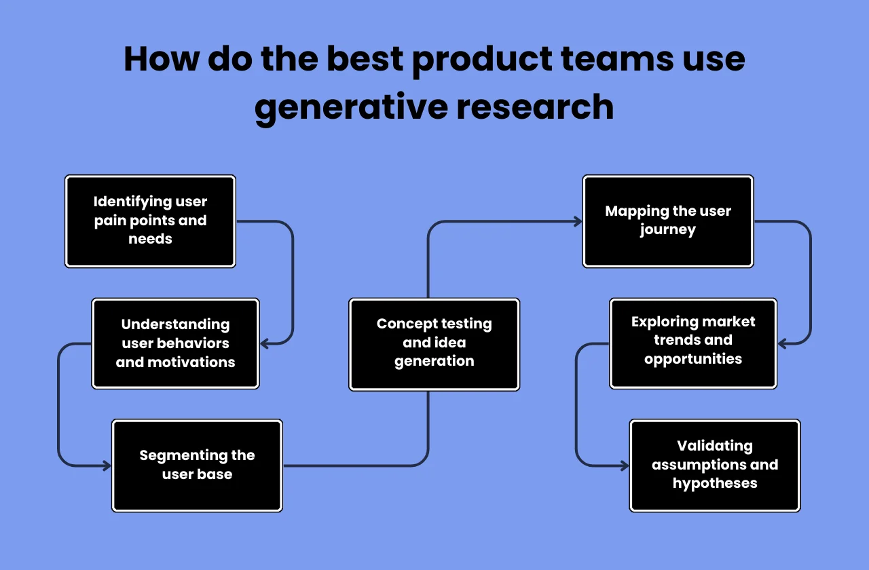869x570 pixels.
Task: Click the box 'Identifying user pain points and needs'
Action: tap(150, 221)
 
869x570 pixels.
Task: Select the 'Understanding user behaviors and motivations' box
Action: tap(175, 343)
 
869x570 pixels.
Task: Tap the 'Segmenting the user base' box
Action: tap(197, 465)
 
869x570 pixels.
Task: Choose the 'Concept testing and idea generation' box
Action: tap(434, 344)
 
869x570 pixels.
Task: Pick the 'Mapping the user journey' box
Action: tap(668, 221)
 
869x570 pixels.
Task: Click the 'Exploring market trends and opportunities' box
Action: tap(693, 343)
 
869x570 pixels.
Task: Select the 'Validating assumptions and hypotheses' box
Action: tap(715, 465)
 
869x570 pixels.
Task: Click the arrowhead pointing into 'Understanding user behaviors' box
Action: tap(265, 344)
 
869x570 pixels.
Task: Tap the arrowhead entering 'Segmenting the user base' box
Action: tap(107, 465)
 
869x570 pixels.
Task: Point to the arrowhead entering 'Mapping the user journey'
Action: tap(578, 221)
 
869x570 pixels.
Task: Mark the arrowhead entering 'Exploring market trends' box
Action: tap(783, 344)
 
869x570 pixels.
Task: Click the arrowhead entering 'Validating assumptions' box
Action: tap(625, 465)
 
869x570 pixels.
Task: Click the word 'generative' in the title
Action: tap(352, 107)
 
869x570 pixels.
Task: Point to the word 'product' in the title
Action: tap(481, 59)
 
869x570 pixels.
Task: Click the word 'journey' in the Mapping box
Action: tap(667, 230)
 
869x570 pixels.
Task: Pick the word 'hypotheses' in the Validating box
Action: tap(715, 483)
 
